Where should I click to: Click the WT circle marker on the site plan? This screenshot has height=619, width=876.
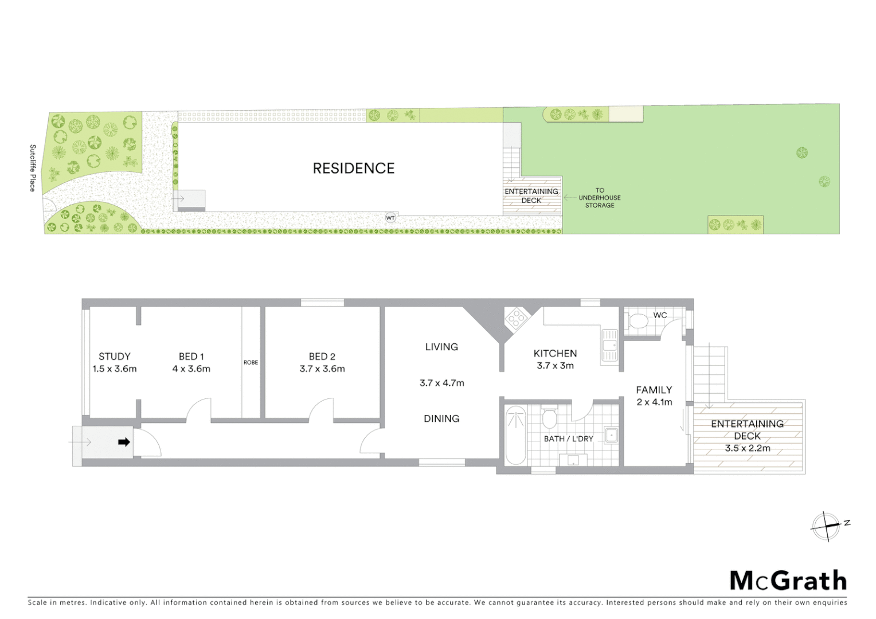click(x=390, y=218)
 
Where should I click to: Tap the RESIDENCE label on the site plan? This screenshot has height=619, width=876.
click(x=354, y=168)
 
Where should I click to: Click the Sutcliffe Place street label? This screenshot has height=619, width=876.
click(x=33, y=168)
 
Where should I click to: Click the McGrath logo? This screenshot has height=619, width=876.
click(x=788, y=581)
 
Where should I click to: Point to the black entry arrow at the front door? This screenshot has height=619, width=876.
click(x=124, y=442)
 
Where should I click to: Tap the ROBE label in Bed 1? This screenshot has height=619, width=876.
click(x=251, y=362)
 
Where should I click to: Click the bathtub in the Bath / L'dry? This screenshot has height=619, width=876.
click(x=515, y=436)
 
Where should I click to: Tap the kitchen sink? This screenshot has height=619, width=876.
click(x=609, y=346)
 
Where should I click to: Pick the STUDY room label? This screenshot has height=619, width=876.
click(x=115, y=356)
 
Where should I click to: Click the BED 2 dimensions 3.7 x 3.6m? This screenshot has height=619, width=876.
click(x=322, y=369)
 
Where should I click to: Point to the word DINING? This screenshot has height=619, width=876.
click(x=441, y=418)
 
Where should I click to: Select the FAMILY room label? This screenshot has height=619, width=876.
click(x=654, y=390)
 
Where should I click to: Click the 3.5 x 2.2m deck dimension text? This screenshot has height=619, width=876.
click(x=747, y=448)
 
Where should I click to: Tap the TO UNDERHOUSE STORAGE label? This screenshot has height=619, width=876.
click(x=600, y=198)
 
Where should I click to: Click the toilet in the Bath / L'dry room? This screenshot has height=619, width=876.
click(x=549, y=419)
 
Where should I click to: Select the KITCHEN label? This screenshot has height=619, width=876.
click(x=555, y=353)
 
